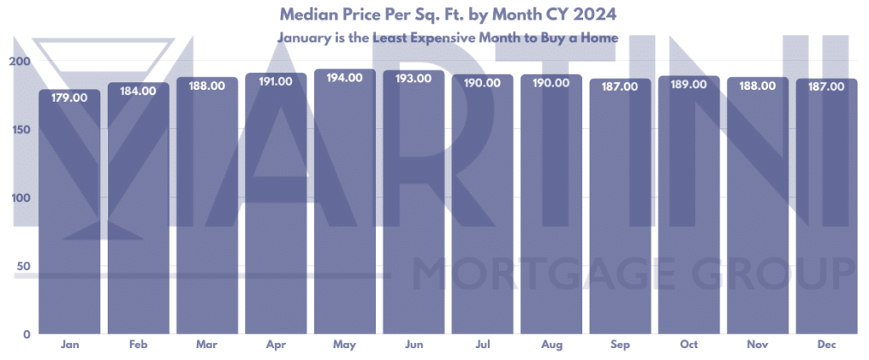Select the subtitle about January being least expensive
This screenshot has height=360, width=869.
[x=446, y=37]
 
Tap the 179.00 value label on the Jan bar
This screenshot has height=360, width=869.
[x=70, y=98]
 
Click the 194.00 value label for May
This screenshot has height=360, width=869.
[x=345, y=77]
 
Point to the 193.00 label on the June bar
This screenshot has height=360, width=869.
[x=413, y=78]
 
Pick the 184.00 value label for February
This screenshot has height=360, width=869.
[x=138, y=91]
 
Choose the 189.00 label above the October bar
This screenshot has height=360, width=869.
[x=688, y=84]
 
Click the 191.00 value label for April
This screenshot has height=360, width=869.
[x=276, y=82]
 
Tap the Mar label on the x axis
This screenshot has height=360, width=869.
[x=207, y=346]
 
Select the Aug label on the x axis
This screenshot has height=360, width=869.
[x=551, y=346]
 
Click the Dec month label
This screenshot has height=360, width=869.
[x=826, y=346]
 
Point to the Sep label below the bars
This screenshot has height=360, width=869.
[x=620, y=346]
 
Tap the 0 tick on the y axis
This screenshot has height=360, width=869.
[x=26, y=335]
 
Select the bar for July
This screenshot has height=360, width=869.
[x=482, y=212]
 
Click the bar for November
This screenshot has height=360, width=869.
[x=757, y=212]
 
